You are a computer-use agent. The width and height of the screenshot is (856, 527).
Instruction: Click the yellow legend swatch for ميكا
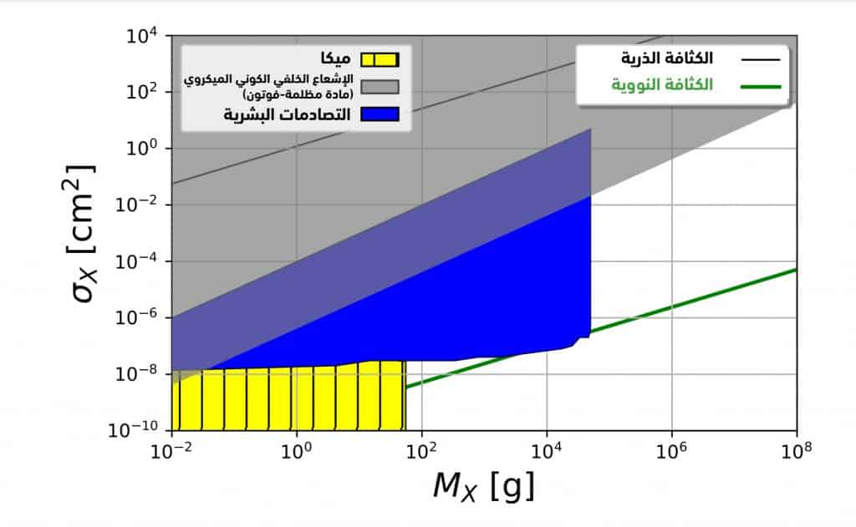click(380, 59)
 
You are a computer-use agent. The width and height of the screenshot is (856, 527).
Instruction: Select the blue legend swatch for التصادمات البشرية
click(380, 114)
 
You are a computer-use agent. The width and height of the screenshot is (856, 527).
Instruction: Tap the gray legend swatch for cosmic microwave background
click(380, 86)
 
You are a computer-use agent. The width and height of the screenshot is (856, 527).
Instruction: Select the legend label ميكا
click(334, 59)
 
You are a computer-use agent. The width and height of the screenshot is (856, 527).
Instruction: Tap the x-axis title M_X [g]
click(483, 485)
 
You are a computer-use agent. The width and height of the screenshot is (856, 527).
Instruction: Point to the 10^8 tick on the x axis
click(796, 451)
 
